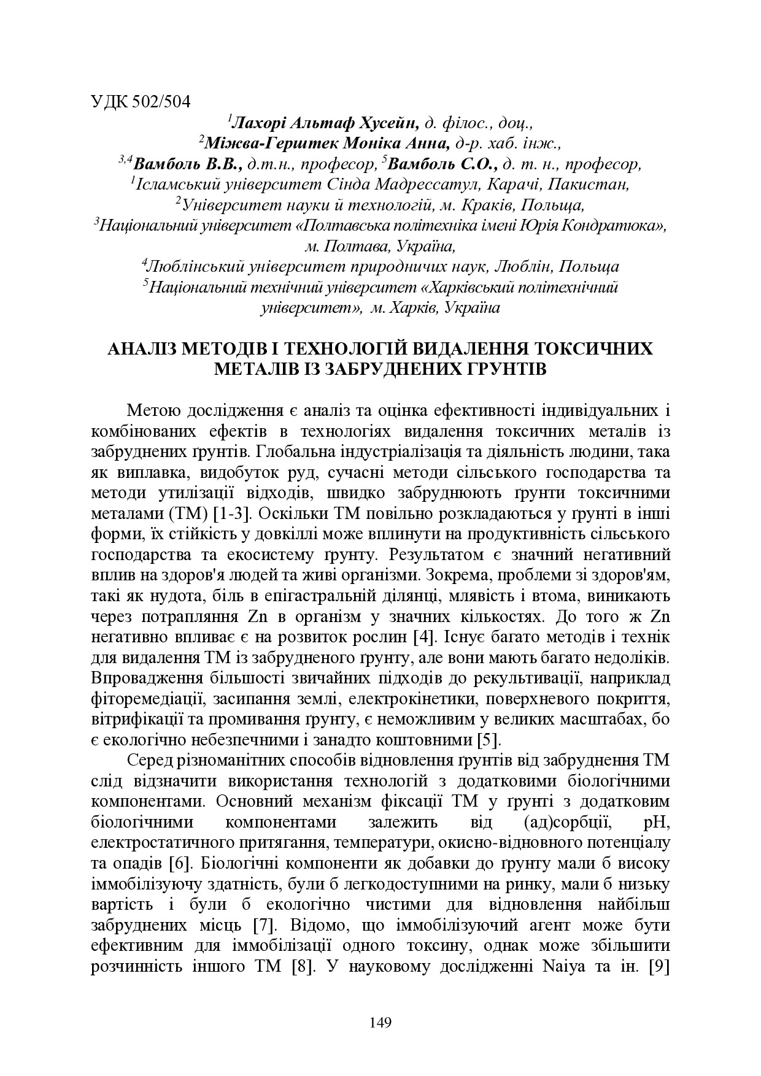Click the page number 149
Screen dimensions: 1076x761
coord(381,1022)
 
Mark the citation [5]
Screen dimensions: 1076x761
coord(490,739)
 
